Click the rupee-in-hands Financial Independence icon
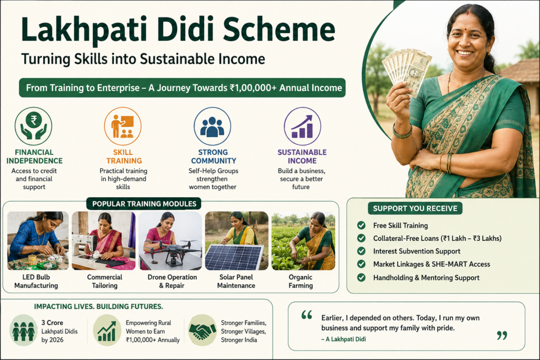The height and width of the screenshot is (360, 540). coord(33,126)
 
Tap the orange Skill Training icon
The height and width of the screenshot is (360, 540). coord(122,126)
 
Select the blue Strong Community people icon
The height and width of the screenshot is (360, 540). coord(212,126)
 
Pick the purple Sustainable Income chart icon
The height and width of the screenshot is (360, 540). coord(302,126)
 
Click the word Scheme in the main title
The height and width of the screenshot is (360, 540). coord(279,30)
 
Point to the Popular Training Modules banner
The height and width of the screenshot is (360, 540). coord(144,204)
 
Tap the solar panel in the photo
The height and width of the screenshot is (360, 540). coord(234,257)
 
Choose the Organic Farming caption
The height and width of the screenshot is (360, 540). coord(301,281)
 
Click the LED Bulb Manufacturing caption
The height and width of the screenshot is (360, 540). coord(36,281)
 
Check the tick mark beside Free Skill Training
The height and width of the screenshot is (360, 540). coord(361,225)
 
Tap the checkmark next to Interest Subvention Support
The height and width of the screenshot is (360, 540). coord(361,251)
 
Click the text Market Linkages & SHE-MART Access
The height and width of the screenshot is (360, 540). coord(431,264)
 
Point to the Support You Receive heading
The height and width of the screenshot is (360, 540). coord(415,208)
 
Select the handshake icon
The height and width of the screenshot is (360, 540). coord(202,330)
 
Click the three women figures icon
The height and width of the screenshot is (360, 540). coord(23,330)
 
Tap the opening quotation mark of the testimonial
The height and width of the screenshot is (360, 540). coord(306,315)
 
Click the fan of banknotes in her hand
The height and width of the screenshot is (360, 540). coord(407,71)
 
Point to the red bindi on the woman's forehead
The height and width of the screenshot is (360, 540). coord(468,14)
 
